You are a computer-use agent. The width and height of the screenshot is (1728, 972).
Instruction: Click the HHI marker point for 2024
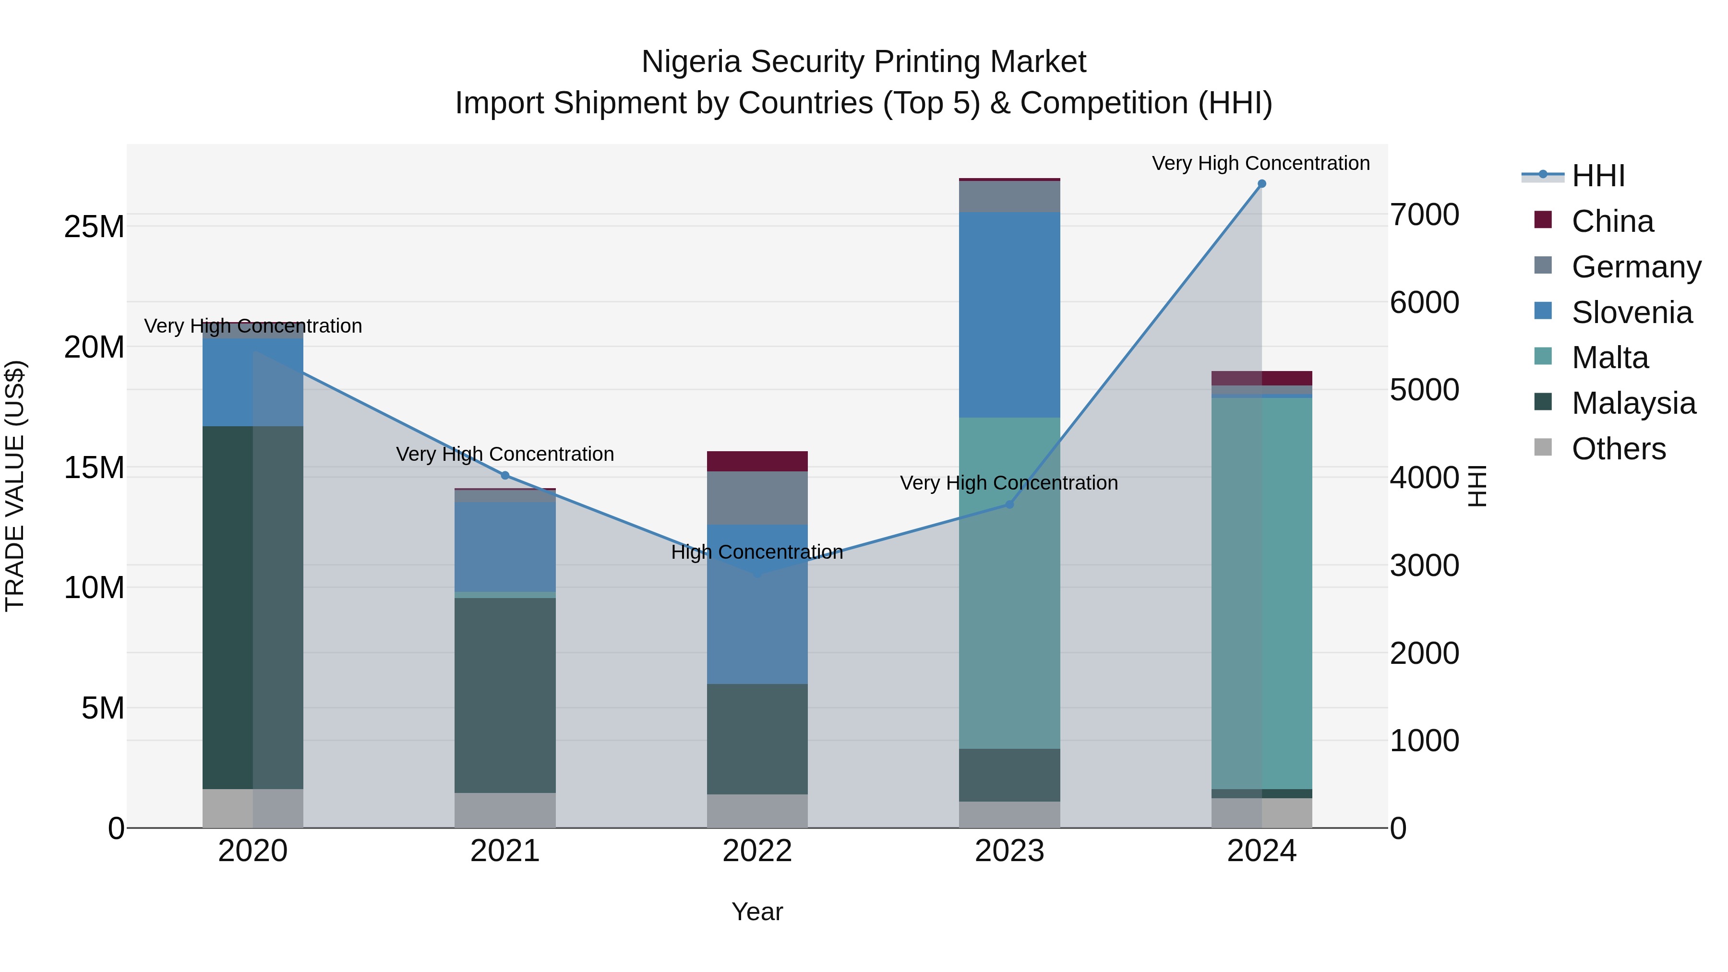(x=1261, y=184)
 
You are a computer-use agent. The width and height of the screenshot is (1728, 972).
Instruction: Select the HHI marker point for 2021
(x=505, y=476)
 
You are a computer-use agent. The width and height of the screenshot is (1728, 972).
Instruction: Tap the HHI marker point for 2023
(x=1009, y=504)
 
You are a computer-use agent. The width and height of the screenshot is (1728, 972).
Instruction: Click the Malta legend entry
(x=1609, y=358)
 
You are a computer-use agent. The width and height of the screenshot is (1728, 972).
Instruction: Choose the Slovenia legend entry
(x=1632, y=312)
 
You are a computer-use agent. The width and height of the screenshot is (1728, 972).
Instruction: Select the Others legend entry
(x=1618, y=449)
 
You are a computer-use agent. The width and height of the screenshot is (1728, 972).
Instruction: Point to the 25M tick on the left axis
(x=94, y=228)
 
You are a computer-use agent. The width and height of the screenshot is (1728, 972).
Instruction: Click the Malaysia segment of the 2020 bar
(x=228, y=607)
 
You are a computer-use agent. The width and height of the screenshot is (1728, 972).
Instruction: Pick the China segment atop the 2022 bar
(x=757, y=461)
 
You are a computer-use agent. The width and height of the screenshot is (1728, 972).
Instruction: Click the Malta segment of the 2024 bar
(x=1261, y=594)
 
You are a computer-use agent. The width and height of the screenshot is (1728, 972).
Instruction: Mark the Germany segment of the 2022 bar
(x=757, y=498)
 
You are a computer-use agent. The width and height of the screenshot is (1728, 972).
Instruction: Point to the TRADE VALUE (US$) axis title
(x=15, y=486)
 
